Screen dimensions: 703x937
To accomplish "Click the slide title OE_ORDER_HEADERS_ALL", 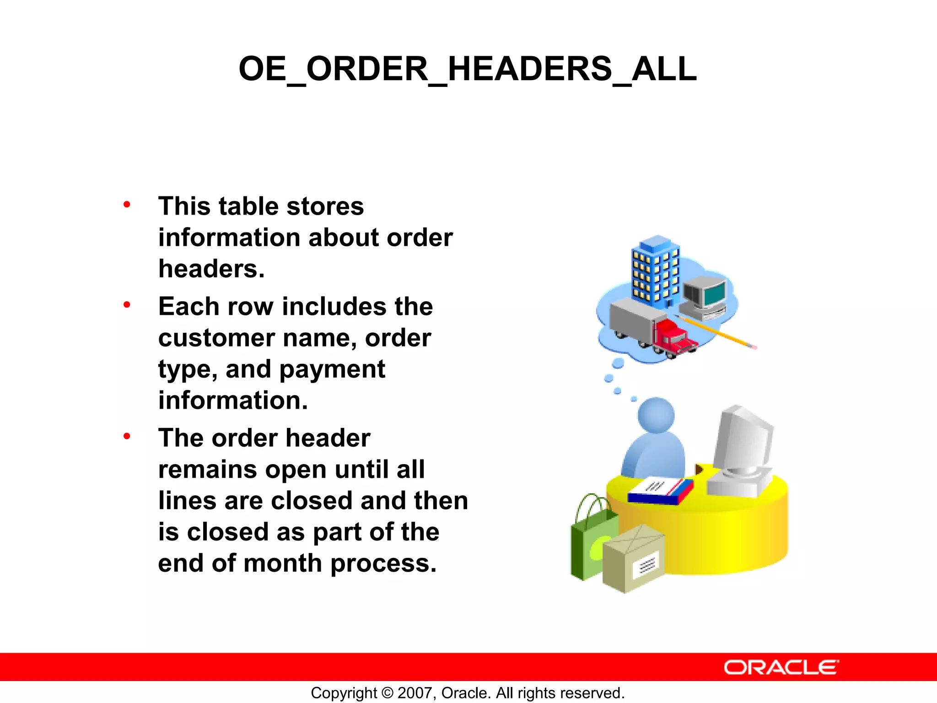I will click(x=468, y=69).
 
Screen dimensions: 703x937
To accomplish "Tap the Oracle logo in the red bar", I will click(x=781, y=667).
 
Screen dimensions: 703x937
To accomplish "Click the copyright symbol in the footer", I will click(x=387, y=693).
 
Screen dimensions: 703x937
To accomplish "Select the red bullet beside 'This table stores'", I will click(x=127, y=205).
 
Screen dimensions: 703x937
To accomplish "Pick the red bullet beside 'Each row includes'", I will click(x=127, y=305).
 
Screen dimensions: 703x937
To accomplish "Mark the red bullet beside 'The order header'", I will click(x=127, y=437).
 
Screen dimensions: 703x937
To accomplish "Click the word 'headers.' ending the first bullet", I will click(x=211, y=269).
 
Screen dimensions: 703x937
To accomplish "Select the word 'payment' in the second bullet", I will click(x=333, y=369).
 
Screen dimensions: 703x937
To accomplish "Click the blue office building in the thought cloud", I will click(x=655, y=270).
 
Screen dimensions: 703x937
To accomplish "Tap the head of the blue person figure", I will click(x=656, y=415).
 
